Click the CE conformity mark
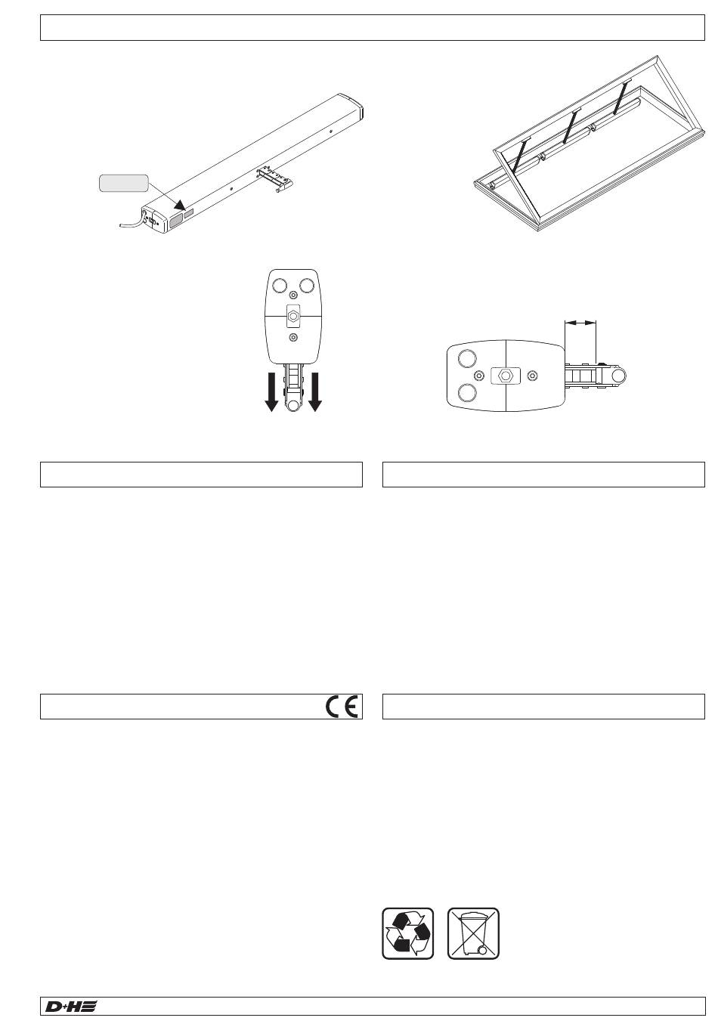(x=342, y=707)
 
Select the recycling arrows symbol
(x=407, y=933)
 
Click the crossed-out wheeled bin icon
(x=473, y=933)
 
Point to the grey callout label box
(x=124, y=183)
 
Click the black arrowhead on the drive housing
(x=179, y=205)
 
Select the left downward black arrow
(x=271, y=391)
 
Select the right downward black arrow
(x=315, y=391)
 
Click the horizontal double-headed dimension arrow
(x=580, y=323)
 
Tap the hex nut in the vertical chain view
(x=293, y=316)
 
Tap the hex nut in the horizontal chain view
(x=506, y=376)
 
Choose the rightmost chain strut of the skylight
(x=622, y=97)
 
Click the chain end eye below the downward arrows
(x=293, y=406)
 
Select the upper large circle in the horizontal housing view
(x=467, y=358)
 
